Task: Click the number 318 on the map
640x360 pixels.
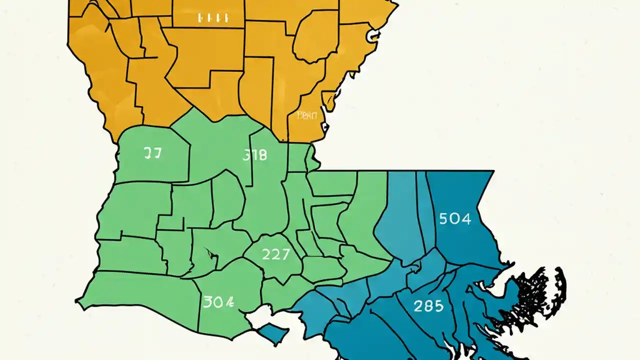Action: pyautogui.click(x=254, y=155)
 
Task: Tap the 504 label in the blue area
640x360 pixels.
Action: pyautogui.click(x=454, y=218)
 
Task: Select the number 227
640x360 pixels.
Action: pyautogui.click(x=275, y=254)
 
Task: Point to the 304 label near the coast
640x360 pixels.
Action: pyautogui.click(x=218, y=301)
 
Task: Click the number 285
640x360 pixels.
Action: pyautogui.click(x=428, y=305)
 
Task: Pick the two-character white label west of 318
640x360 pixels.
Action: pyautogui.click(x=152, y=153)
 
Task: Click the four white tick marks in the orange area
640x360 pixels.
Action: pyautogui.click(x=213, y=18)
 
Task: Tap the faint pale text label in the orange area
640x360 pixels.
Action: pyautogui.click(x=307, y=115)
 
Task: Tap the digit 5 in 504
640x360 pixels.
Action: pyautogui.click(x=443, y=218)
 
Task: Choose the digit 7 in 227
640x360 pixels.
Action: pyautogui.click(x=285, y=254)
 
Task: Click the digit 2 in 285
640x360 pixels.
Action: pyautogui.click(x=418, y=305)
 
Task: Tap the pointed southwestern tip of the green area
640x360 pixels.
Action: pyautogui.click(x=77, y=301)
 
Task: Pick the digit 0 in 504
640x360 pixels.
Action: pyautogui.click(x=454, y=218)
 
